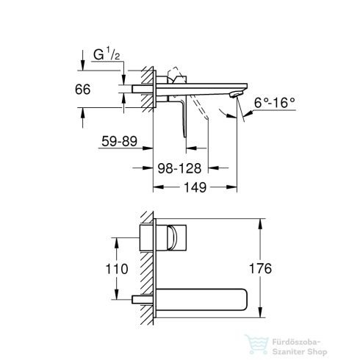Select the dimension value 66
[82, 89]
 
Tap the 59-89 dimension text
[119, 141]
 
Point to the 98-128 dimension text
[179, 168]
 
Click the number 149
[195, 187]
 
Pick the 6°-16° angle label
[274, 103]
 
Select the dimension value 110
[117, 269]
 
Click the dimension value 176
[260, 268]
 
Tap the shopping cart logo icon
[256, 344]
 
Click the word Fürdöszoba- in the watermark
[296, 342]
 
